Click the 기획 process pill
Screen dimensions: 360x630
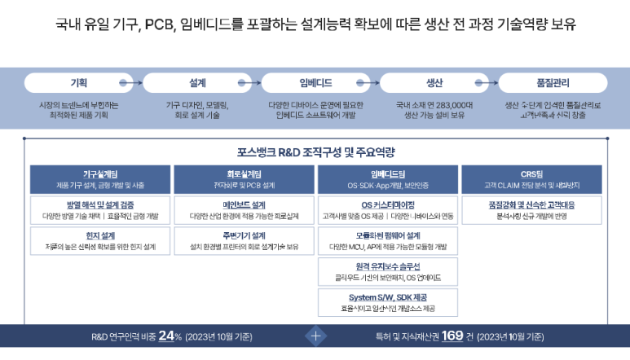pyautogui.click(x=78, y=84)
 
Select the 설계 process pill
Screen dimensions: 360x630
pyautogui.click(x=197, y=84)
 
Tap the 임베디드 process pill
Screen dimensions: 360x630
pyautogui.click(x=315, y=84)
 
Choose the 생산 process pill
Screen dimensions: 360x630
pyautogui.click(x=434, y=84)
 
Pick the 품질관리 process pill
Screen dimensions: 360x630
pyautogui.click(x=553, y=84)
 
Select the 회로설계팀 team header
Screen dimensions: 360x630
pyautogui.click(x=244, y=178)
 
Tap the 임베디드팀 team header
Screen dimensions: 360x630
pyautogui.click(x=387, y=178)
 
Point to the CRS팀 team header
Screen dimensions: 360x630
pyautogui.click(x=531, y=178)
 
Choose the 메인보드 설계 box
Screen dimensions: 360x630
pyautogui.click(x=244, y=210)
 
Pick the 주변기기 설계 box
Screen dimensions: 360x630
pyautogui.click(x=244, y=241)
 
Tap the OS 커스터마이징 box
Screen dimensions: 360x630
pyautogui.click(x=387, y=210)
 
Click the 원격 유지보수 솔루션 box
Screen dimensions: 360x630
pyautogui.click(x=387, y=272)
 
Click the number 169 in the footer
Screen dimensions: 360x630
pyautogui.click(x=452, y=336)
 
